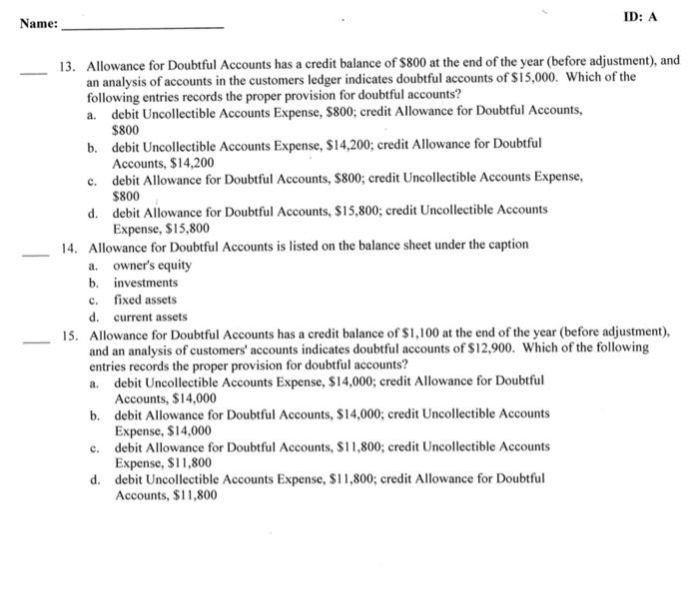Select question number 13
[x=69, y=62]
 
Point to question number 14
[x=69, y=246]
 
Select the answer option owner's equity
[x=152, y=266]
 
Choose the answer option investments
[x=145, y=283]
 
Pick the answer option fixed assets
[x=145, y=299]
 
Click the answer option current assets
[x=150, y=317]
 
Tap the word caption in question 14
[x=505, y=246]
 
